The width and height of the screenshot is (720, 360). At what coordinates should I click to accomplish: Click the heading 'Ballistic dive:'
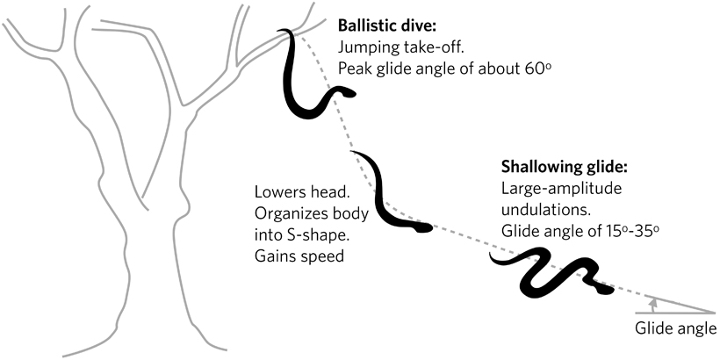390,22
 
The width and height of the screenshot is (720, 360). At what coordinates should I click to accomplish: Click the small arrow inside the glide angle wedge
652,302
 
